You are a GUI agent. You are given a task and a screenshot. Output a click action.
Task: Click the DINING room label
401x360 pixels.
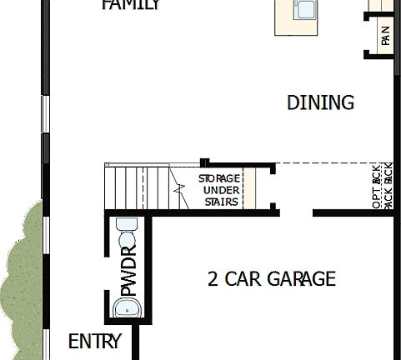tap(320, 102)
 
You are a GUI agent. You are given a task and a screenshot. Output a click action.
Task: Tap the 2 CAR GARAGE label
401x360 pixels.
tap(271, 278)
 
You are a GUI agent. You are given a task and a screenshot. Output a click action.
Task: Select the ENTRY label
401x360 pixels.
tap(94, 342)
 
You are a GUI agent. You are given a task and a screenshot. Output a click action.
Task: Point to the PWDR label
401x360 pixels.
tap(128, 270)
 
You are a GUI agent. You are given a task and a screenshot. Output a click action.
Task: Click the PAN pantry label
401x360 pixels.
tap(384, 37)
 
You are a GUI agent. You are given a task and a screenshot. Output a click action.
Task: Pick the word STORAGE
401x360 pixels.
tap(219, 178)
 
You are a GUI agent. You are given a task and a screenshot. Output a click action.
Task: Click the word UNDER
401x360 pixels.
tap(220, 190)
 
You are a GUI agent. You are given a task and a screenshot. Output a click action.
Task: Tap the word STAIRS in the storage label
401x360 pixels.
tap(220, 202)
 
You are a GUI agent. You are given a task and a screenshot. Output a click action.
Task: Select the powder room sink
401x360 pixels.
tap(127, 308)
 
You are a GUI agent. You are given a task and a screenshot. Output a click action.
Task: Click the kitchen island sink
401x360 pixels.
tap(305, 9)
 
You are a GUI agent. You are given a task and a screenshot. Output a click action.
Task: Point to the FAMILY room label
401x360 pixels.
tap(131, 5)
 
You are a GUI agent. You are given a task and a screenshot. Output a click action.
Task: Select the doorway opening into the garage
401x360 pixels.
tap(293, 212)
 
